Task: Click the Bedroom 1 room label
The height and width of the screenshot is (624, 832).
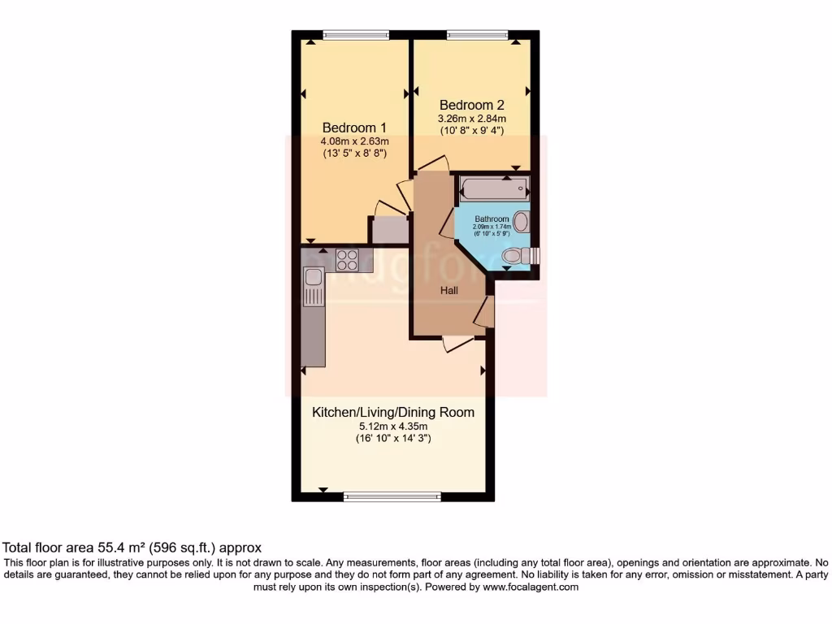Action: (354, 128)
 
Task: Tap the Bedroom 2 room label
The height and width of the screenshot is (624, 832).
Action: (471, 105)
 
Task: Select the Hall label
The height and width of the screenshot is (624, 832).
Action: (449, 290)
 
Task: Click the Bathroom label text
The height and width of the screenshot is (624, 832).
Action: (492, 219)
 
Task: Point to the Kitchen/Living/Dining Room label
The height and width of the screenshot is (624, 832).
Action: (393, 413)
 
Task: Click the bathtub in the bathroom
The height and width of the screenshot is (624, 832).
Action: (494, 190)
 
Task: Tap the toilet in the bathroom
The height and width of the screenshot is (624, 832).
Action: (514, 257)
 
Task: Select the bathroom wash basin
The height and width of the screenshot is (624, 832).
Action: (522, 221)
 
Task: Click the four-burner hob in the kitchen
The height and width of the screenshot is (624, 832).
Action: (347, 259)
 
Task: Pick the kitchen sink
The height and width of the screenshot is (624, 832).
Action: (313, 279)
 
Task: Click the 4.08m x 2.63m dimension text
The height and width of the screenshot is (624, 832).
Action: (354, 142)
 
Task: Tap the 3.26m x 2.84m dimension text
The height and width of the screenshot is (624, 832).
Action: (471, 119)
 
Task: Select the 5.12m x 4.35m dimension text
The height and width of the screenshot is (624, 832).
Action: (393, 427)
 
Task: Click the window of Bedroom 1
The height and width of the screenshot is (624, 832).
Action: (355, 34)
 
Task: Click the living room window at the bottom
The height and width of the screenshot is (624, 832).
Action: (392, 496)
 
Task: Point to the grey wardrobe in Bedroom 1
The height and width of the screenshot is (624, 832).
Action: (390, 231)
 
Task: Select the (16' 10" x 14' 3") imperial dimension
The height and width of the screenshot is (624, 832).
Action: (393, 440)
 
